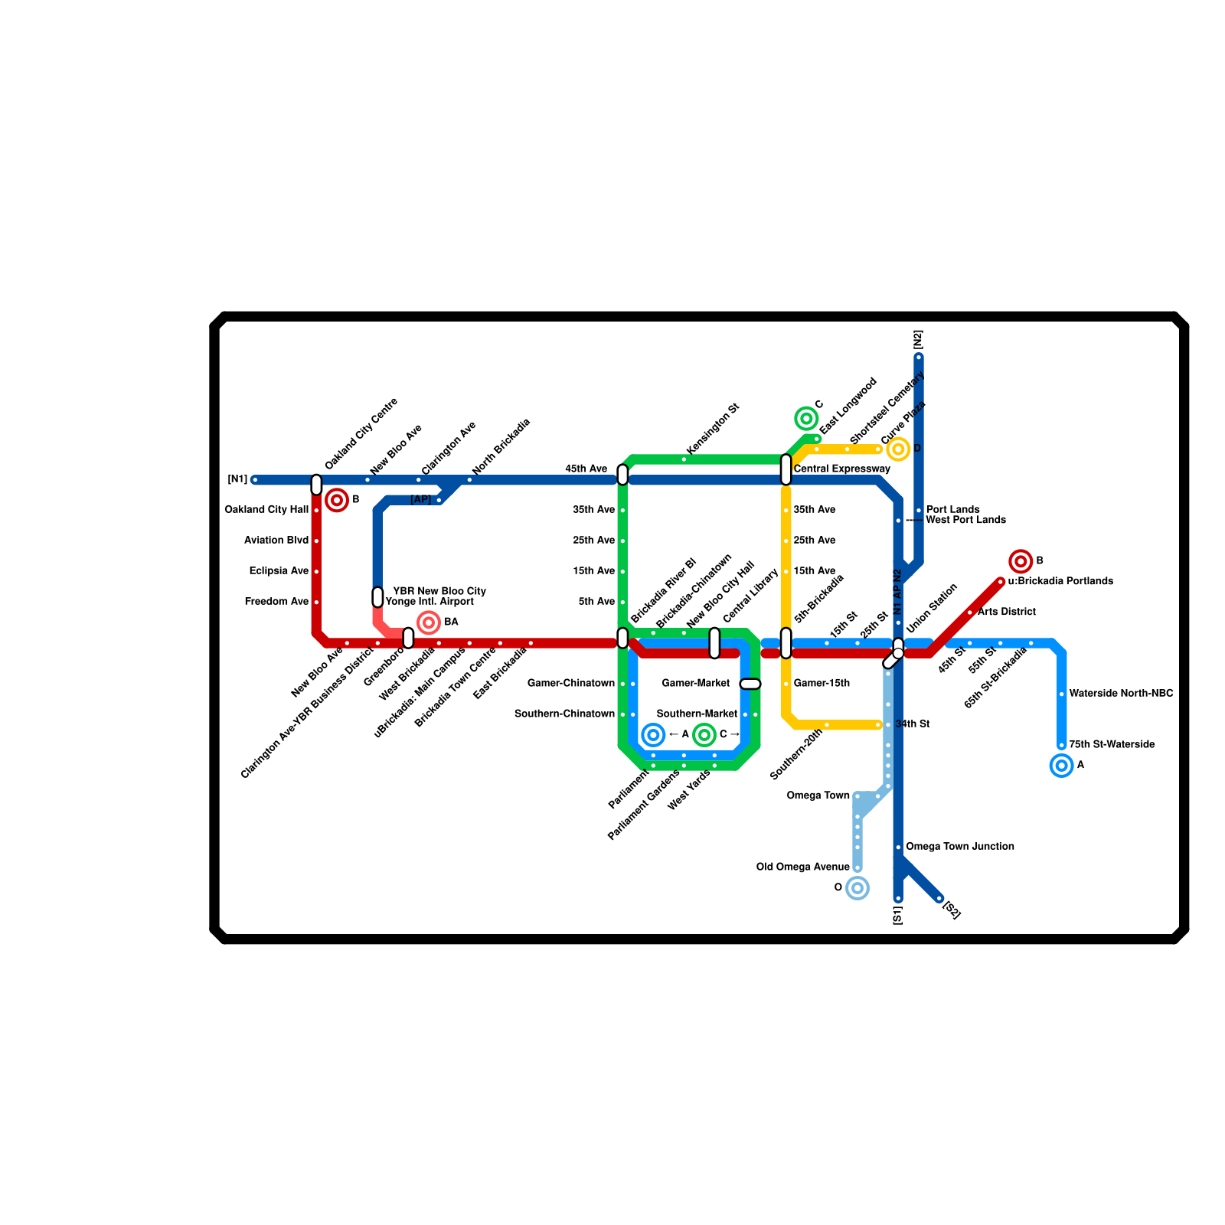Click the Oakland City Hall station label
(266, 510)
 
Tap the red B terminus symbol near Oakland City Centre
(337, 500)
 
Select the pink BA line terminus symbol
(429, 622)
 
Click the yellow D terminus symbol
(898, 449)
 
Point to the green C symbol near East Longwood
(806, 418)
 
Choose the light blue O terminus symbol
(857, 888)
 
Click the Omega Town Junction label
(959, 847)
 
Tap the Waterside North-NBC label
(1121, 694)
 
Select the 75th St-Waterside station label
(1112, 744)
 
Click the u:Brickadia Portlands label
(1060, 581)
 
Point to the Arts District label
(1006, 612)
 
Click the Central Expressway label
(841, 469)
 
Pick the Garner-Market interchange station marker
(750, 684)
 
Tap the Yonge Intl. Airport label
(430, 602)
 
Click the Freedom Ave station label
(276, 602)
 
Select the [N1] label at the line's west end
(237, 480)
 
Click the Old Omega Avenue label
(802, 867)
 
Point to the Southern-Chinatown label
(564, 714)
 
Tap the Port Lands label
(952, 510)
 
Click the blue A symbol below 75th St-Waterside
(1061, 765)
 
